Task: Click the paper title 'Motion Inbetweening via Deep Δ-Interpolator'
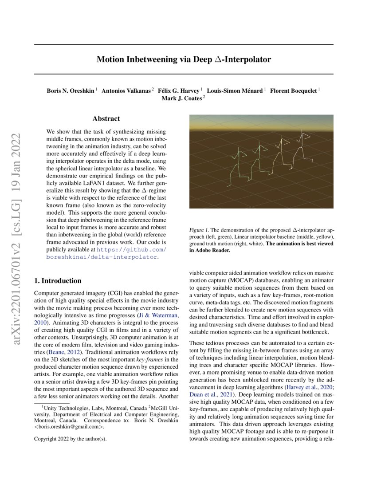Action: pos(184,59)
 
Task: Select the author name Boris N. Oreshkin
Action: pos(71,91)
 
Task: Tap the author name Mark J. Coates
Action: pos(181,98)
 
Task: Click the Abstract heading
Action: pos(106,118)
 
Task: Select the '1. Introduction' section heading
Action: pos(58,281)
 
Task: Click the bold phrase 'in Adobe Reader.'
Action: pos(210,250)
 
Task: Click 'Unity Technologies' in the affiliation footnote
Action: pos(63,407)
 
